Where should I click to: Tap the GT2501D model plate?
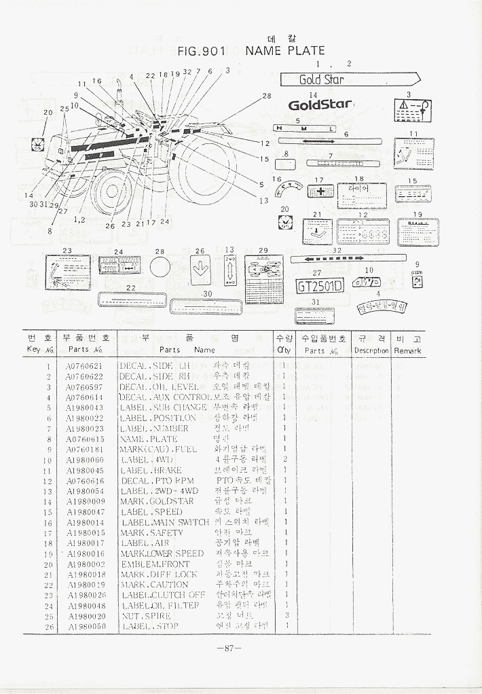pos(319,286)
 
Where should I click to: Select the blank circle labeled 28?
pos(160,266)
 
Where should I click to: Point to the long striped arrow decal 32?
pos(347,259)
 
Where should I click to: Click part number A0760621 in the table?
pos(84,366)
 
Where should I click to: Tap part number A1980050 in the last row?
pos(86,626)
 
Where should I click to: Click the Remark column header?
pos(407,351)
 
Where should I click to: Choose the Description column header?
pos(371,351)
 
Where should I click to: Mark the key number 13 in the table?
pos(48,491)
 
